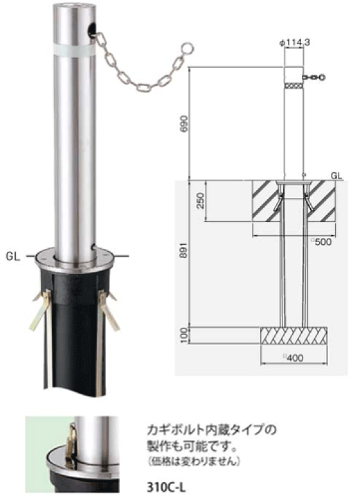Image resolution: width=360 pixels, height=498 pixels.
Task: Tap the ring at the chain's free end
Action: point(185,50)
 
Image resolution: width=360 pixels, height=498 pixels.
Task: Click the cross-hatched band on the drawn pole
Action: point(294,86)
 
